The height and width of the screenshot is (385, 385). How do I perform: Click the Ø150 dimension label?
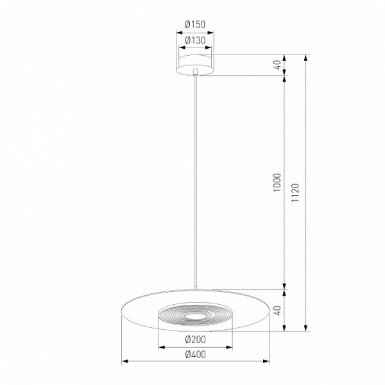click(x=195, y=24)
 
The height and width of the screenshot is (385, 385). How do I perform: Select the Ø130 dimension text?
click(x=195, y=40)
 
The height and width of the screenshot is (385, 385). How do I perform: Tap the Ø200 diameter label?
click(x=195, y=339)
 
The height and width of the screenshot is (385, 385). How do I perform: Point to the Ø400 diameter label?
click(x=196, y=354)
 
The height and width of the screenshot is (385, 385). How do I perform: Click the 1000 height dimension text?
click(x=277, y=182)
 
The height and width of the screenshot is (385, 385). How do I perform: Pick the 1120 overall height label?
click(x=295, y=193)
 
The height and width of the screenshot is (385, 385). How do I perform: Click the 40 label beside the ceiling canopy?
click(x=277, y=65)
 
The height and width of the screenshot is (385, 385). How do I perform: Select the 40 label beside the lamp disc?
click(x=277, y=311)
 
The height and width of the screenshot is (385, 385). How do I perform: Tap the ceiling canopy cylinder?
click(x=195, y=65)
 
